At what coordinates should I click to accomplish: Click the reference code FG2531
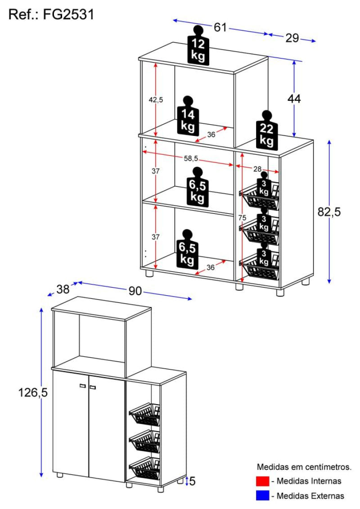coord(69,14)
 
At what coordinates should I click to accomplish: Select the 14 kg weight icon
coord(188,116)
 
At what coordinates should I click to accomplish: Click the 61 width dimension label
coord(220,27)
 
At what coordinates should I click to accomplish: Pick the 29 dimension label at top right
coord(292,38)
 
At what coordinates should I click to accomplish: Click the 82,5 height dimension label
coord(329,212)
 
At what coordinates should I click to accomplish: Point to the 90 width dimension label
coord(135,291)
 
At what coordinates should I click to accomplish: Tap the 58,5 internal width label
coord(191,158)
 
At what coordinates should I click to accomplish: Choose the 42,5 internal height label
coord(156,99)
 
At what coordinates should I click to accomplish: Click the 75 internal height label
coord(242,217)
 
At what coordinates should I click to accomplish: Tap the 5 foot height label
coord(192,482)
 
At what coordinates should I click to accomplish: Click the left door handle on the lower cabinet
coord(82,386)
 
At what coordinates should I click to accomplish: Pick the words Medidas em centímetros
coord(304,467)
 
